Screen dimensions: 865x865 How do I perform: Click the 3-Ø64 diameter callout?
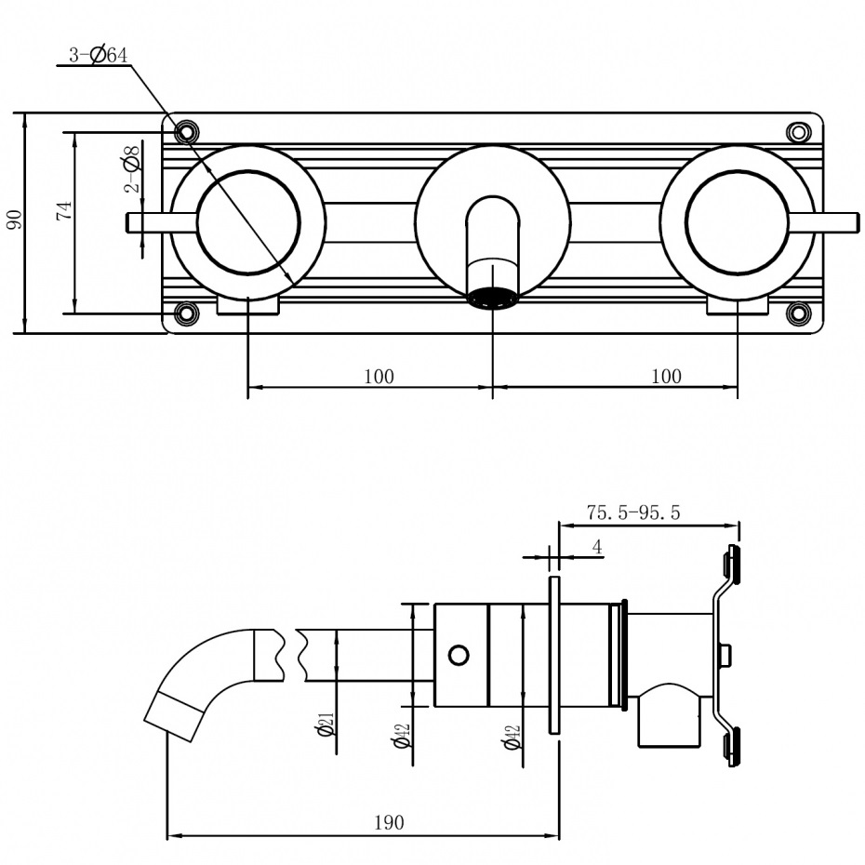(x=98, y=55)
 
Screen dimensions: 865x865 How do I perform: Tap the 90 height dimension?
(x=14, y=220)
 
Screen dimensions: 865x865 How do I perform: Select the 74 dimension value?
(x=63, y=209)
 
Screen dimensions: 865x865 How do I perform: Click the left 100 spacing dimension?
(x=379, y=376)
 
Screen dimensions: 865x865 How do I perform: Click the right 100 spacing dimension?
(x=666, y=376)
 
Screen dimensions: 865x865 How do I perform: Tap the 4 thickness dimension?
(x=597, y=547)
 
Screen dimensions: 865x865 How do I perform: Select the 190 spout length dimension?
(x=390, y=822)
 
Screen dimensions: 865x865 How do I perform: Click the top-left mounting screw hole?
(x=186, y=130)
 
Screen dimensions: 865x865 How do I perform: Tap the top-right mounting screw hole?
(x=798, y=132)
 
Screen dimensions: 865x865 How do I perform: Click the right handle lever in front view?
(x=824, y=221)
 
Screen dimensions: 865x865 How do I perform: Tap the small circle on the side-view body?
(x=459, y=655)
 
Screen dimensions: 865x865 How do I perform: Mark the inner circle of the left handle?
(x=248, y=221)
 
